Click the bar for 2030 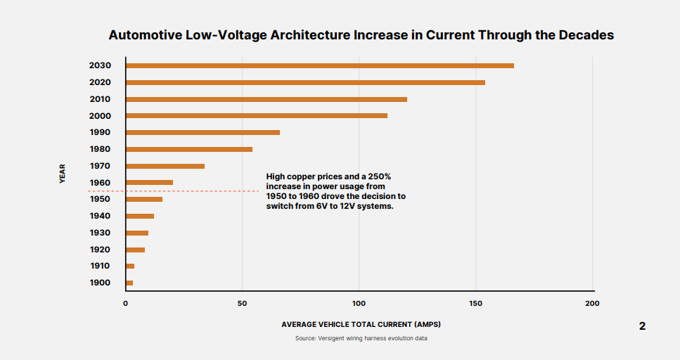(x=320, y=65)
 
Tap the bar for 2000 (x=257, y=115)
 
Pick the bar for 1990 (x=203, y=132)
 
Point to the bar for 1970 (x=165, y=166)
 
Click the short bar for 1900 (x=129, y=283)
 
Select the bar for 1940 (x=140, y=216)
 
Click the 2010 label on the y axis (x=100, y=99)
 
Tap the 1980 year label (x=100, y=149)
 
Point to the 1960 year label (x=100, y=183)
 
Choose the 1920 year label (x=100, y=250)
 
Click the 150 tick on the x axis (x=475, y=303)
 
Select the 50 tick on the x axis (x=242, y=303)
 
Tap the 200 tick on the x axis (x=592, y=303)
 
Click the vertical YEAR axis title (x=62, y=174)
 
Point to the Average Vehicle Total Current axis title (x=361, y=324)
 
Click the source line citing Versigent (x=361, y=338)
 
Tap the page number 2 (x=642, y=326)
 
